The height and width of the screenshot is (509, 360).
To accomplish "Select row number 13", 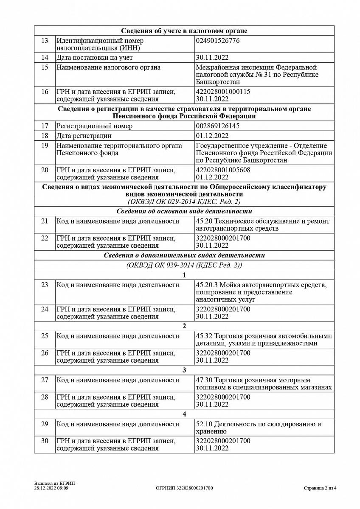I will click(x=45, y=41).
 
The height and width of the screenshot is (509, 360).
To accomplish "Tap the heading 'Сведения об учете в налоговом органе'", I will click(x=184, y=31).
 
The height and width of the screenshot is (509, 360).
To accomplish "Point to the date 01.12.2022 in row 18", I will click(x=212, y=136).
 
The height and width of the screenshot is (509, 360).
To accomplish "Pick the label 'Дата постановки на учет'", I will click(x=95, y=57).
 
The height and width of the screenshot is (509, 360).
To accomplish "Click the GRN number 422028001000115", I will click(x=223, y=92).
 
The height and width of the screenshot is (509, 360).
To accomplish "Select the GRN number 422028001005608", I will click(x=223, y=170).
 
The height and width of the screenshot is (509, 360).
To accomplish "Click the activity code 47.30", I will click(x=204, y=380).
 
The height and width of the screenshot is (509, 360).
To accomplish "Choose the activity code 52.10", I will click(x=204, y=424).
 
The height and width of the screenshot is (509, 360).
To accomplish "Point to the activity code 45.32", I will click(x=204, y=336).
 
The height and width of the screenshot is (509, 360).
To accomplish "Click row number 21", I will click(x=45, y=221).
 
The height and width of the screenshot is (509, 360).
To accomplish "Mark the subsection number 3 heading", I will click(x=184, y=370).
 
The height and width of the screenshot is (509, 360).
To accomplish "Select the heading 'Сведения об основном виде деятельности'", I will click(x=184, y=211).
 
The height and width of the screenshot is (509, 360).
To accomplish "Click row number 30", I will click(x=45, y=441).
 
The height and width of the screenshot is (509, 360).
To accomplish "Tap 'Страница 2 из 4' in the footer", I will click(x=320, y=488).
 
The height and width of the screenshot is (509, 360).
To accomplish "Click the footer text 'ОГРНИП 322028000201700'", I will click(x=185, y=488).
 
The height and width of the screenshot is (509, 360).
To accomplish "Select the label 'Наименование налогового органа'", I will click(x=109, y=67).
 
